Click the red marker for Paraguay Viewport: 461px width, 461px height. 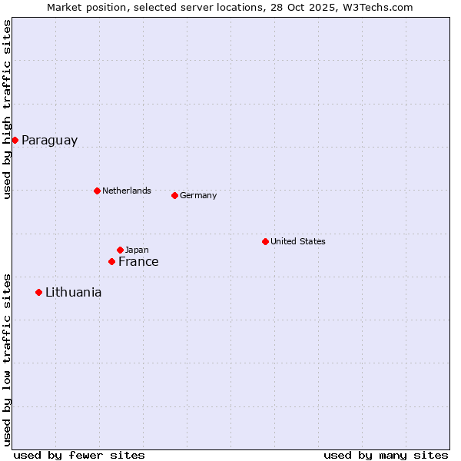tap(15, 140)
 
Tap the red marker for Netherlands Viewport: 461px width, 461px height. tap(97, 191)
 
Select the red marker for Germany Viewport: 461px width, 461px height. tap(174, 195)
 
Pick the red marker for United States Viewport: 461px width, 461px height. tap(265, 241)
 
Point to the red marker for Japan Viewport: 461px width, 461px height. tap(120, 250)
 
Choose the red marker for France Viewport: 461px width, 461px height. tap(111, 262)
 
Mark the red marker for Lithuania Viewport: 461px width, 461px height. tap(38, 292)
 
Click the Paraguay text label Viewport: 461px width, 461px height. tap(49, 141)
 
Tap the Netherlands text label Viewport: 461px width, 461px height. tap(127, 191)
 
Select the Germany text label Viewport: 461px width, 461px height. tap(198, 195)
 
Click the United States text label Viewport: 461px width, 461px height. tap(298, 241)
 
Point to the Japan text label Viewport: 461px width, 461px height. tap(137, 250)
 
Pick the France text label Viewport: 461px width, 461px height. tap(138, 262)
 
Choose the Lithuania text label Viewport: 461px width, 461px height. tap(73, 293)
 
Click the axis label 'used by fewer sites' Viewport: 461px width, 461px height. tap(79, 455)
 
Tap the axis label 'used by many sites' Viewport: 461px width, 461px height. tap(386, 455)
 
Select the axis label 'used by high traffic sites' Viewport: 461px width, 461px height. tap(7, 109)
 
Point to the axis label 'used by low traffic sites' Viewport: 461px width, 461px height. tap(7, 360)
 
